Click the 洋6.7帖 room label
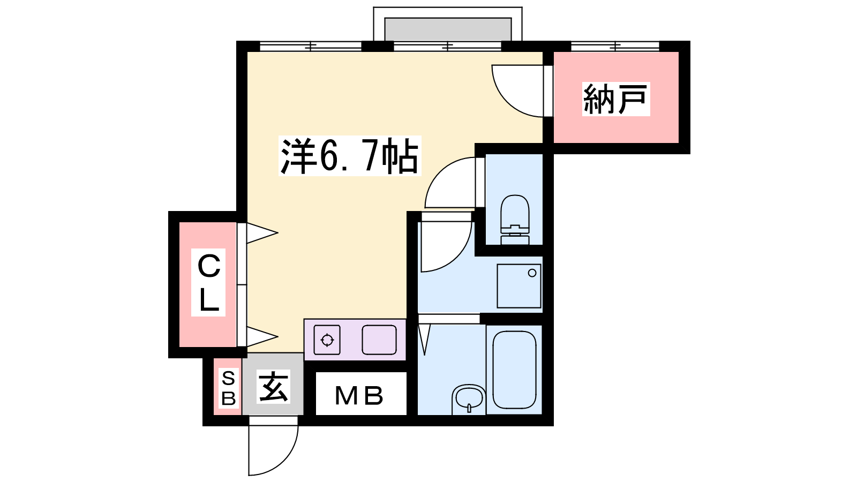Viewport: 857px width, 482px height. [x=350, y=156]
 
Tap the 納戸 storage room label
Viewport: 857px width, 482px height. [x=615, y=99]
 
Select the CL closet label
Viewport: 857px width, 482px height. [x=208, y=282]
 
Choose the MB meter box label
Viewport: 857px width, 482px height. [x=359, y=396]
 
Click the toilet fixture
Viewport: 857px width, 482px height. [x=515, y=220]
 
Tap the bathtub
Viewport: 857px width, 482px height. [x=514, y=370]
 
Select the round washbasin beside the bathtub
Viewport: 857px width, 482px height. [x=469, y=400]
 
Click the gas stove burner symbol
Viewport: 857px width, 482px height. [x=327, y=340]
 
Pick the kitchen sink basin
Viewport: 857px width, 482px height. [x=379, y=340]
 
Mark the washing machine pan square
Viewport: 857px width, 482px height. [x=519, y=286]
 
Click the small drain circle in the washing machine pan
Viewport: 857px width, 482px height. [x=532, y=273]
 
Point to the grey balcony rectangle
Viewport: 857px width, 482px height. [x=448, y=29]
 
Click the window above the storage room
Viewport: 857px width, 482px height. [x=615, y=46]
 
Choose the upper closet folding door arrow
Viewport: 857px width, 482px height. [x=262, y=232]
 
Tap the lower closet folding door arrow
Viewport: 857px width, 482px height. [x=262, y=337]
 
